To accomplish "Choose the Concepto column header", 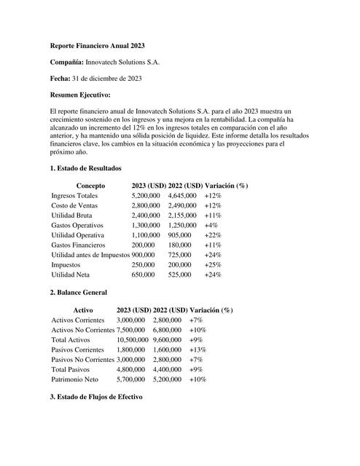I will click(x=90, y=186).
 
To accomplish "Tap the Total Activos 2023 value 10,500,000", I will click(x=132, y=340).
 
